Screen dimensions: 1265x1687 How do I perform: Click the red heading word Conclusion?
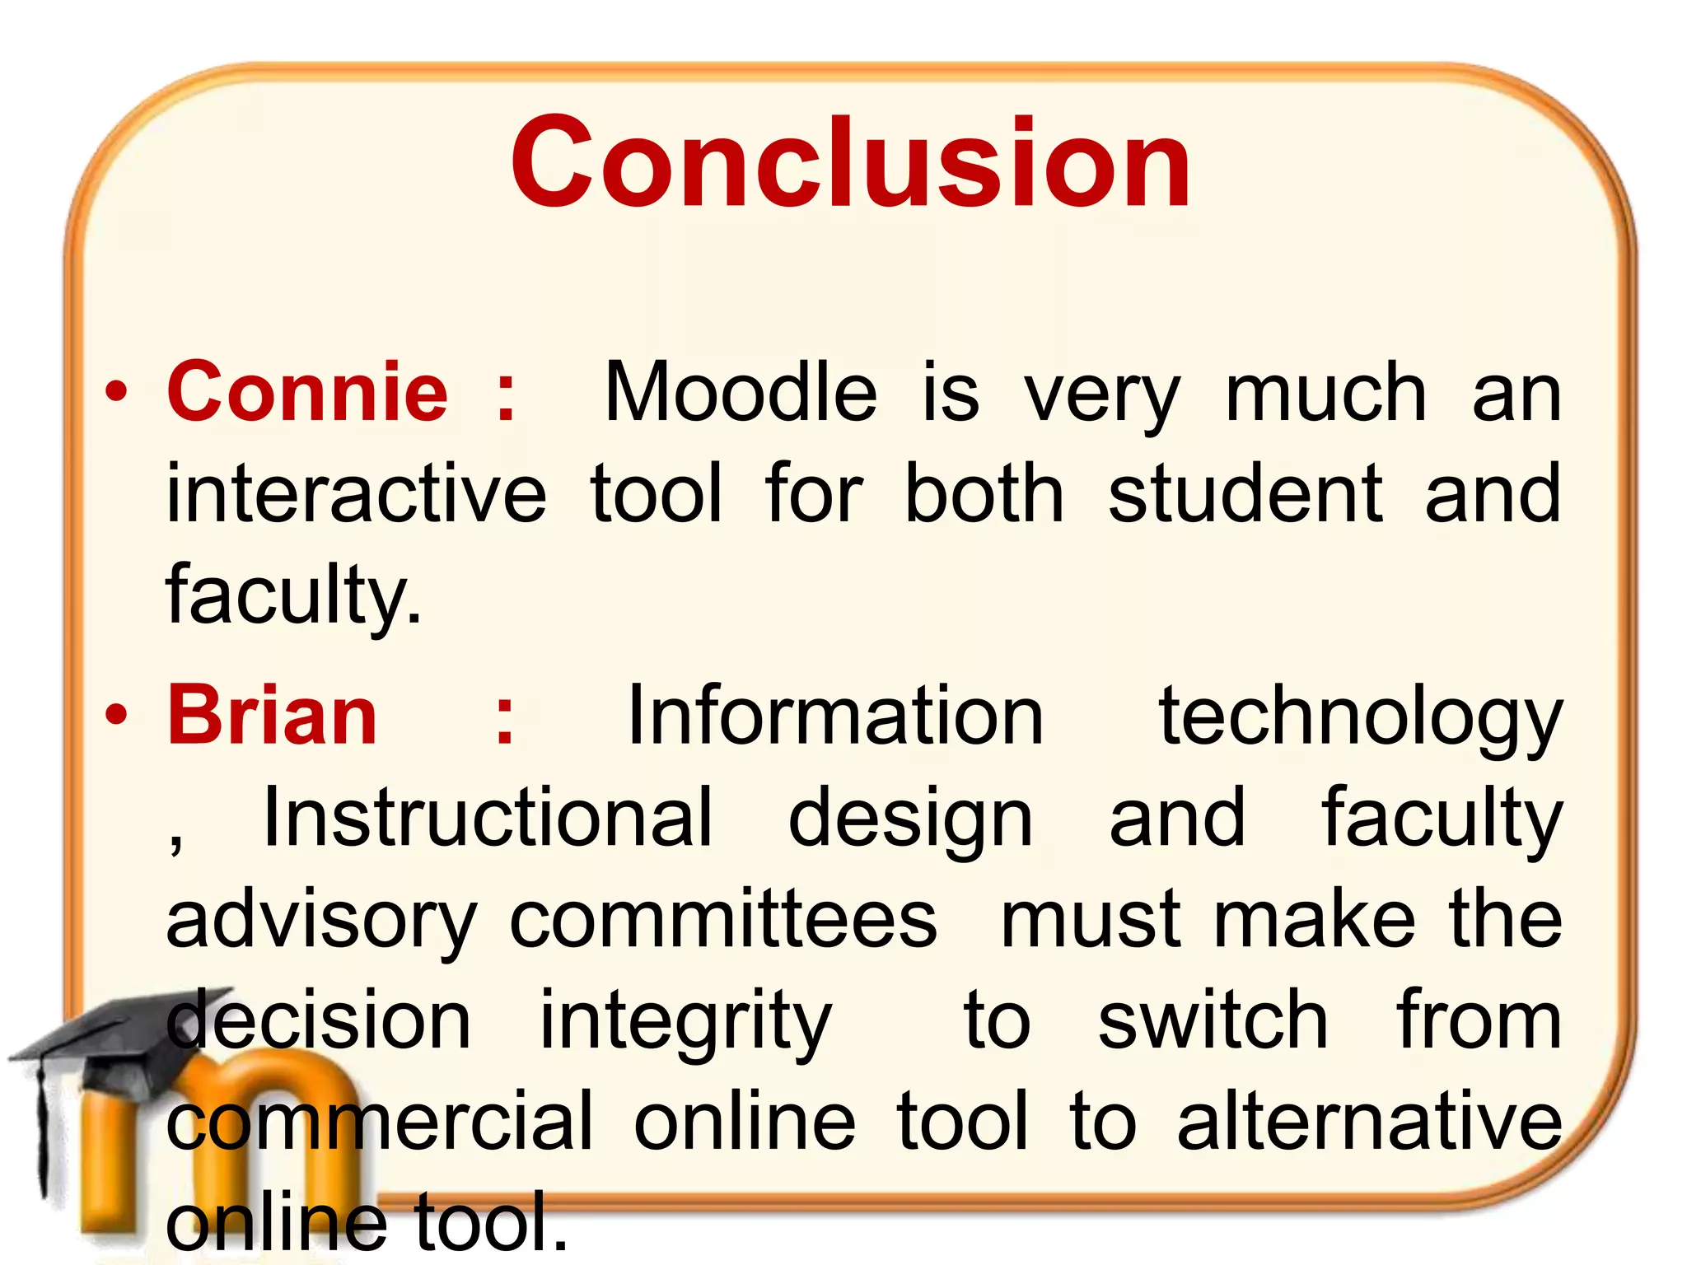pos(850,162)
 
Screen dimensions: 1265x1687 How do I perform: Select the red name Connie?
pos(307,392)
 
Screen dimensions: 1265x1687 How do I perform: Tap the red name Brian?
pos(273,716)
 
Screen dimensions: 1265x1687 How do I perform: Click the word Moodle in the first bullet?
pos(741,393)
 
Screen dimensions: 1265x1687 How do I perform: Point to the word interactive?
pos(356,494)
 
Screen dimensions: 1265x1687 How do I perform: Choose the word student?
pos(1245,494)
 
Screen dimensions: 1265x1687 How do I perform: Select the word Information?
pos(835,716)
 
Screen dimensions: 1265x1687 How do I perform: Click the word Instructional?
pos(487,817)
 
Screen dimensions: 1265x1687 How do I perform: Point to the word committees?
pos(723,919)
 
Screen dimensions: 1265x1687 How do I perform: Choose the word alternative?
pos(1369,1121)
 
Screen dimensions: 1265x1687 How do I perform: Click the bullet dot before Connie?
pos(117,392)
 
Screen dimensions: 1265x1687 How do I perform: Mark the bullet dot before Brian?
pos(117,716)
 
